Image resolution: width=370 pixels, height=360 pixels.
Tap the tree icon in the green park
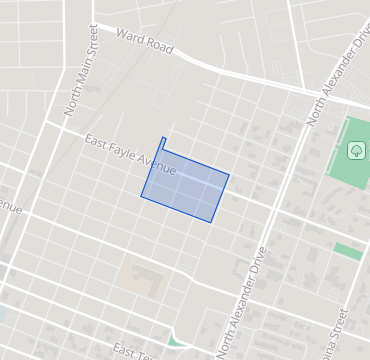click(355, 151)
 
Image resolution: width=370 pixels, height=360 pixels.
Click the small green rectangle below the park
click(347, 251)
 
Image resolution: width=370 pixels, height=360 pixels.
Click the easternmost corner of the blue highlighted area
click(230, 175)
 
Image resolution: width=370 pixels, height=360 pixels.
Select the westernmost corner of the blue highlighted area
click(140, 196)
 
